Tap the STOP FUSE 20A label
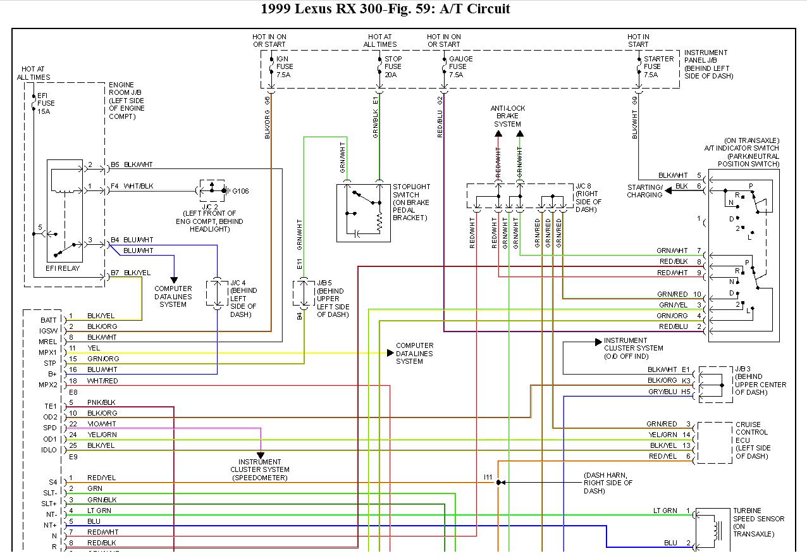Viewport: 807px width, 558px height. (x=393, y=66)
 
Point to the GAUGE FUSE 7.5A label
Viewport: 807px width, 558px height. (x=457, y=66)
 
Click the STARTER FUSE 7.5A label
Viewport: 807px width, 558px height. (x=658, y=66)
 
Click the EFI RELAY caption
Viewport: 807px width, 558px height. (x=64, y=268)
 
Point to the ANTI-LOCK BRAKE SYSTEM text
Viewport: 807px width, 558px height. (x=508, y=116)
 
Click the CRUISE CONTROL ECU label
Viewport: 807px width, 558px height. (x=753, y=440)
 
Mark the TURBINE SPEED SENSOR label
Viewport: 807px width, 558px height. (x=758, y=523)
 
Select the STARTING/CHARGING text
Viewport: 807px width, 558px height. (x=644, y=191)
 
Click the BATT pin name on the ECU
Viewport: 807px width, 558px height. (x=48, y=320)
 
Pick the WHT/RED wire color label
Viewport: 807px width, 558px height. (x=102, y=381)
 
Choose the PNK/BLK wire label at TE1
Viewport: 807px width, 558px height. (x=101, y=402)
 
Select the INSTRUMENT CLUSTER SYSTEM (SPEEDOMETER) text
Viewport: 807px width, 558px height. (x=260, y=469)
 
